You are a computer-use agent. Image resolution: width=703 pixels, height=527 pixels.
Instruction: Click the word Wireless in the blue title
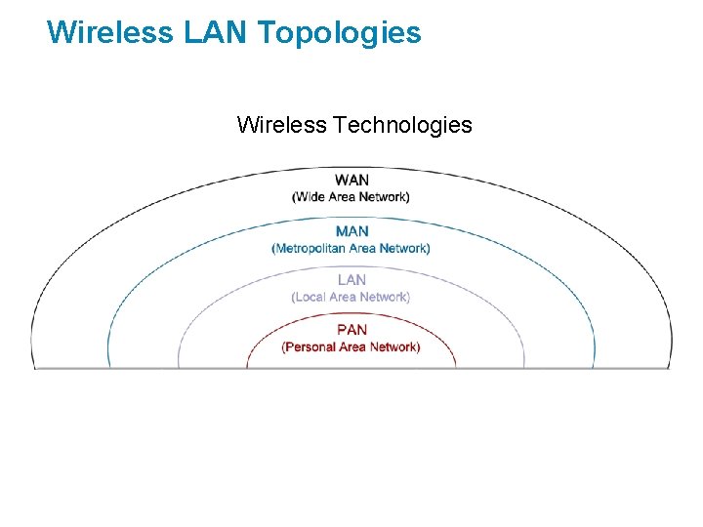coord(109,33)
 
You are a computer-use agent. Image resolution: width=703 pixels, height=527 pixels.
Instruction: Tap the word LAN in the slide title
coord(216,33)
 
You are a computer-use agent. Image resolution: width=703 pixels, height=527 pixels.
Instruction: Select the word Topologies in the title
coord(340,33)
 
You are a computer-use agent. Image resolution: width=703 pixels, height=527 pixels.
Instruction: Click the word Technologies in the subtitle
coord(402,125)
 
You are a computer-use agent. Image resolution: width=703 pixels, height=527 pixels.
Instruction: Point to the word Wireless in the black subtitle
coord(281,125)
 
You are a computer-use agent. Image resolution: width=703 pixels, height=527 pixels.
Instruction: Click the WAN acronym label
coord(351,181)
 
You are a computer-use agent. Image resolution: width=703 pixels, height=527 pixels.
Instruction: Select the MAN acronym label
coord(351,231)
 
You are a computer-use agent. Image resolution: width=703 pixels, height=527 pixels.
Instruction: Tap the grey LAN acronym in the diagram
coord(351,280)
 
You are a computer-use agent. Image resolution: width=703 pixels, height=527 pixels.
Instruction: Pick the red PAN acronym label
coord(351,330)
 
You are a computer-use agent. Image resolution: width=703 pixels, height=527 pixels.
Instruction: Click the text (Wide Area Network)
coord(351,197)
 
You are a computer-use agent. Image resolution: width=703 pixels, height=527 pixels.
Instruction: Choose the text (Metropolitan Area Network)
coord(351,248)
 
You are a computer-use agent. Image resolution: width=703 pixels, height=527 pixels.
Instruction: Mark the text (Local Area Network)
coord(351,297)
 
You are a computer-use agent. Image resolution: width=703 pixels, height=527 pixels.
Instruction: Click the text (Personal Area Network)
coord(351,346)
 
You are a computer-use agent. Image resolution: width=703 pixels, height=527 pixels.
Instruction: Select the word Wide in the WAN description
coord(312,197)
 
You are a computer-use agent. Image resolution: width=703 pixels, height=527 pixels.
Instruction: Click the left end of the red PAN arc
coord(247,366)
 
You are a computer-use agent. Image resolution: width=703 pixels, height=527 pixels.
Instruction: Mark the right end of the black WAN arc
coord(671,366)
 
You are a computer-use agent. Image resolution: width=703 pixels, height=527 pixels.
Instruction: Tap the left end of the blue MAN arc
coord(109,366)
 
